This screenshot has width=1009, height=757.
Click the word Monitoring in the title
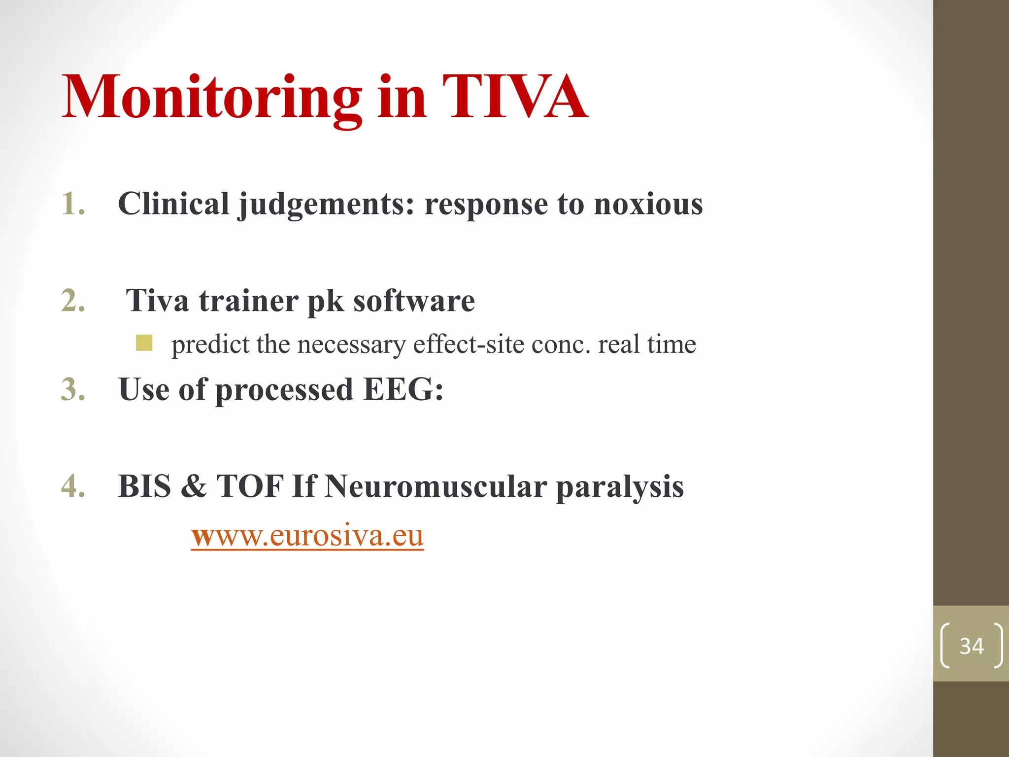[x=212, y=97]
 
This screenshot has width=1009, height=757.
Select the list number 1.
[x=73, y=204]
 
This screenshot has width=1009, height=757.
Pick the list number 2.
[x=73, y=300]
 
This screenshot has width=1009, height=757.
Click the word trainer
[x=248, y=300]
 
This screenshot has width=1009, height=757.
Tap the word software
[x=414, y=300]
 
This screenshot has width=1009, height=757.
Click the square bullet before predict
[x=144, y=343]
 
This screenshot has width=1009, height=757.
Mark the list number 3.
[x=73, y=389]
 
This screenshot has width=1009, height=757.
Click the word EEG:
[x=403, y=389]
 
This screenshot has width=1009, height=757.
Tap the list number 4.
[x=73, y=486]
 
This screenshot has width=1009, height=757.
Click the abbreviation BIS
[x=144, y=486]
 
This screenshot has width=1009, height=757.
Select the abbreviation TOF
[x=250, y=486]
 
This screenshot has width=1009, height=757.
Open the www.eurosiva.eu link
[x=307, y=535]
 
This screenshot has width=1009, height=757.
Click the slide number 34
[x=971, y=646]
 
